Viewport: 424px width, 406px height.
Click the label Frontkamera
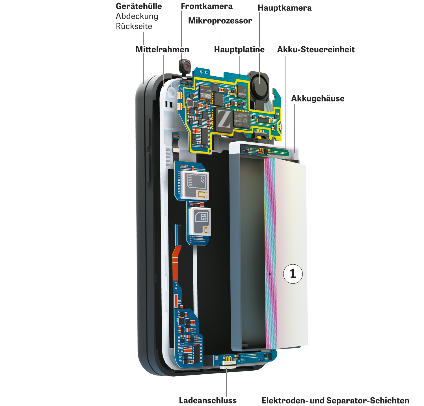pyautogui.click(x=207, y=7)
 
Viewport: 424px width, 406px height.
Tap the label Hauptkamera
pyautogui.click(x=284, y=8)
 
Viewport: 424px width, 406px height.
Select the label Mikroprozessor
pyautogui.click(x=220, y=21)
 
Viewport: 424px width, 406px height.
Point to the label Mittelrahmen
pyautogui.click(x=162, y=50)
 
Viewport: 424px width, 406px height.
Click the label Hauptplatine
pyautogui.click(x=239, y=50)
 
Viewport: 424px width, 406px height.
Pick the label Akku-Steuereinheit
pyautogui.click(x=316, y=50)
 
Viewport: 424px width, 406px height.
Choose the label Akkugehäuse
pyautogui.click(x=318, y=99)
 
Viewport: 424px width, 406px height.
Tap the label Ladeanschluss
pyautogui.click(x=208, y=400)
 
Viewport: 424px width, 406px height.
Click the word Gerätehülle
pyautogui.click(x=139, y=7)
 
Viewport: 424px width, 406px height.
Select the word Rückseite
pyautogui.click(x=134, y=27)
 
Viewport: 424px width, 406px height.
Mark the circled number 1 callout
pyautogui.click(x=293, y=274)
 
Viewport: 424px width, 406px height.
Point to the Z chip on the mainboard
pyautogui.click(x=224, y=120)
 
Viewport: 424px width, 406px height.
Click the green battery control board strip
pyautogui.click(x=265, y=151)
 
